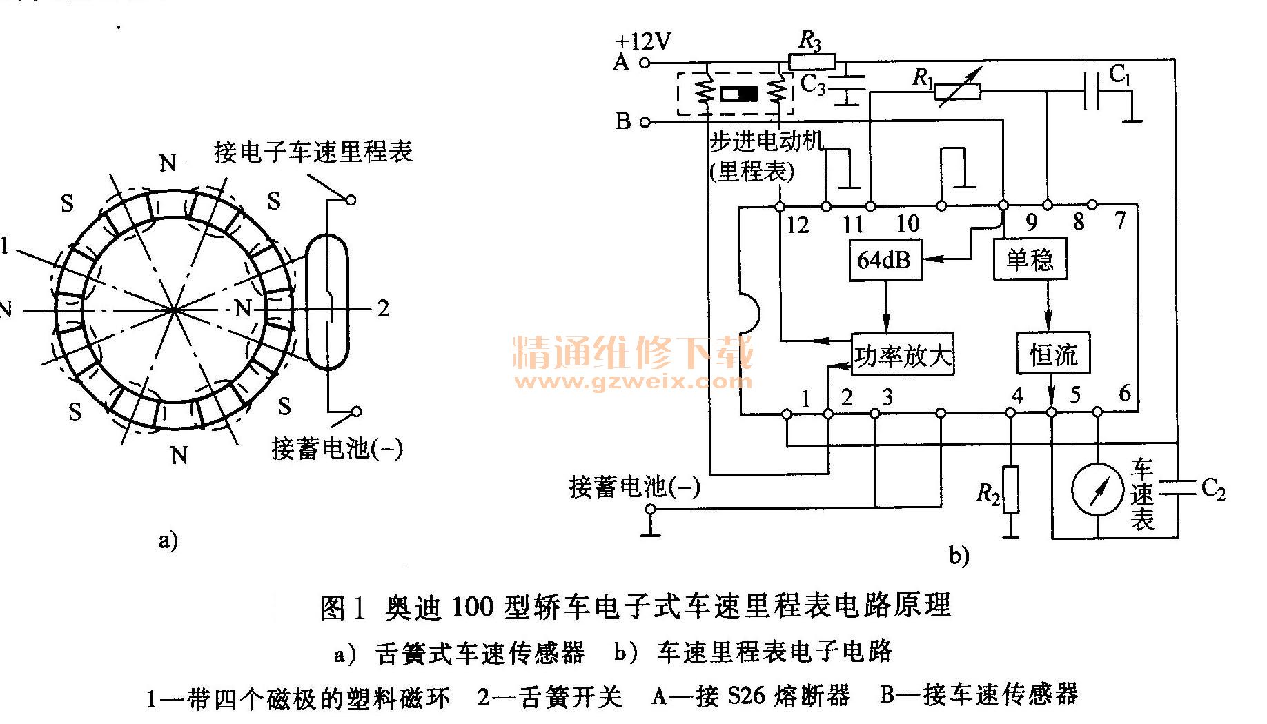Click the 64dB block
(x=885, y=260)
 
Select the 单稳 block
(x=1030, y=259)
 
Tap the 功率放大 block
(x=903, y=355)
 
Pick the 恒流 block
(x=1052, y=354)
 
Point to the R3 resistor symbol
(x=812, y=62)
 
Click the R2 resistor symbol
(x=1010, y=490)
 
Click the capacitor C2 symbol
(x=1177, y=488)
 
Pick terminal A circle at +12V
(x=645, y=63)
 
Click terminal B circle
(x=645, y=123)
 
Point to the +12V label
(x=642, y=41)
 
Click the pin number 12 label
(x=798, y=225)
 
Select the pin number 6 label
(x=1125, y=394)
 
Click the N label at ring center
(x=242, y=308)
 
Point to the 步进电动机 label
(x=766, y=141)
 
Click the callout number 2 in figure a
(x=384, y=308)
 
